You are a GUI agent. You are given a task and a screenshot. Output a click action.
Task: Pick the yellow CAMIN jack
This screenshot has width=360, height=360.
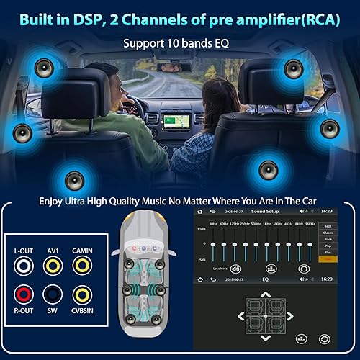(x=82, y=266)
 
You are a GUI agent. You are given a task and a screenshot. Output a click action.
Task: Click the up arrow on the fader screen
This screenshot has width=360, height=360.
(x=264, y=294)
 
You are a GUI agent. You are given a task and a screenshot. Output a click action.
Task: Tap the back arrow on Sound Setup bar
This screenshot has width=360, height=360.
(x=211, y=212)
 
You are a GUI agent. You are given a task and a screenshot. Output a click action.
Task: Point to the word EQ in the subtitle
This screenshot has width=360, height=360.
(x=219, y=43)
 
